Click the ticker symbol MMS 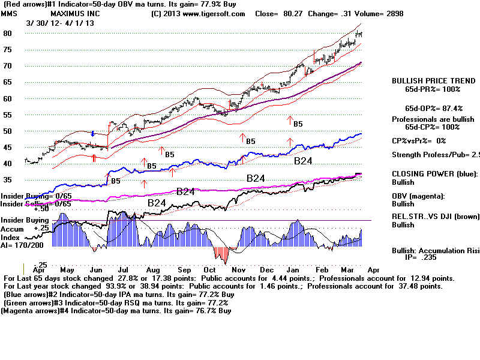pyautogui.click(x=10, y=13)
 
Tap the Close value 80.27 pyautogui.click(x=290, y=13)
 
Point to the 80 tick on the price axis pyautogui.click(x=8, y=34)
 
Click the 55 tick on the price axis pyautogui.click(x=8, y=115)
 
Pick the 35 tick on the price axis pyautogui.click(x=8, y=180)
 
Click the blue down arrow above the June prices pyautogui.click(x=94, y=133)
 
